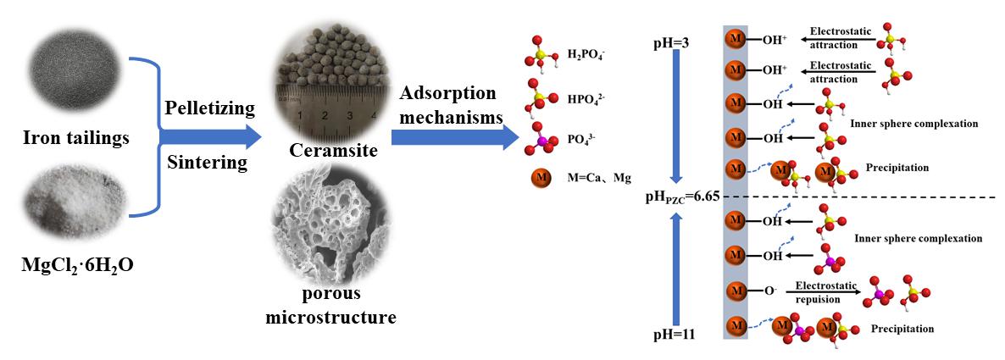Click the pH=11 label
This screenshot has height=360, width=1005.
675,334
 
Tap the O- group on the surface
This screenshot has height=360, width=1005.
769,291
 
